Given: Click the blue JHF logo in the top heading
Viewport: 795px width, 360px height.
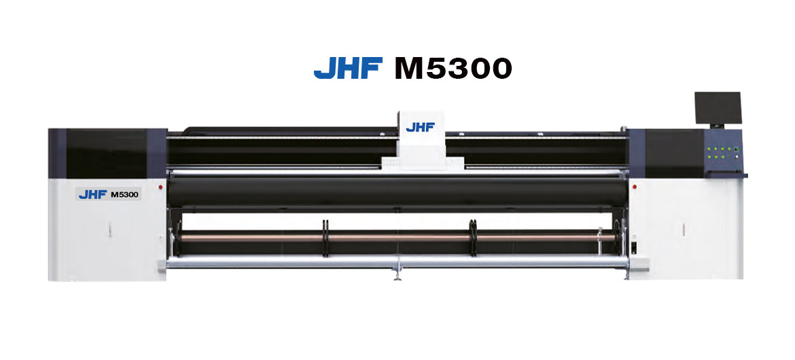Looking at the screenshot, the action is pyautogui.click(x=348, y=67).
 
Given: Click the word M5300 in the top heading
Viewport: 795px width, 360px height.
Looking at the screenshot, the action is pyautogui.click(x=453, y=68).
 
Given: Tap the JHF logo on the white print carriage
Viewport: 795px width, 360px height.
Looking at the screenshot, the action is pyautogui.click(x=421, y=127).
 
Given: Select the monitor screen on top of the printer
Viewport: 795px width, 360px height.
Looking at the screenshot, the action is pyautogui.click(x=718, y=108).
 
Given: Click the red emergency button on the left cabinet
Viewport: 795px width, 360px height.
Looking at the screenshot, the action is pyautogui.click(x=161, y=187).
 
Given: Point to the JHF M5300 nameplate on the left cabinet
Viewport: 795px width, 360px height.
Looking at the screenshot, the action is pyautogui.click(x=109, y=194).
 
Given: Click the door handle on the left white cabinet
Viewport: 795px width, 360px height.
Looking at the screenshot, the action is pyautogui.click(x=109, y=231).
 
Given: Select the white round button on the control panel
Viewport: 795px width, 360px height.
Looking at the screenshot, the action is pyautogui.click(x=736, y=157).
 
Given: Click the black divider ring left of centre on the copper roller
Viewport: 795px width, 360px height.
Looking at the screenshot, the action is pyautogui.click(x=325, y=238).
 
